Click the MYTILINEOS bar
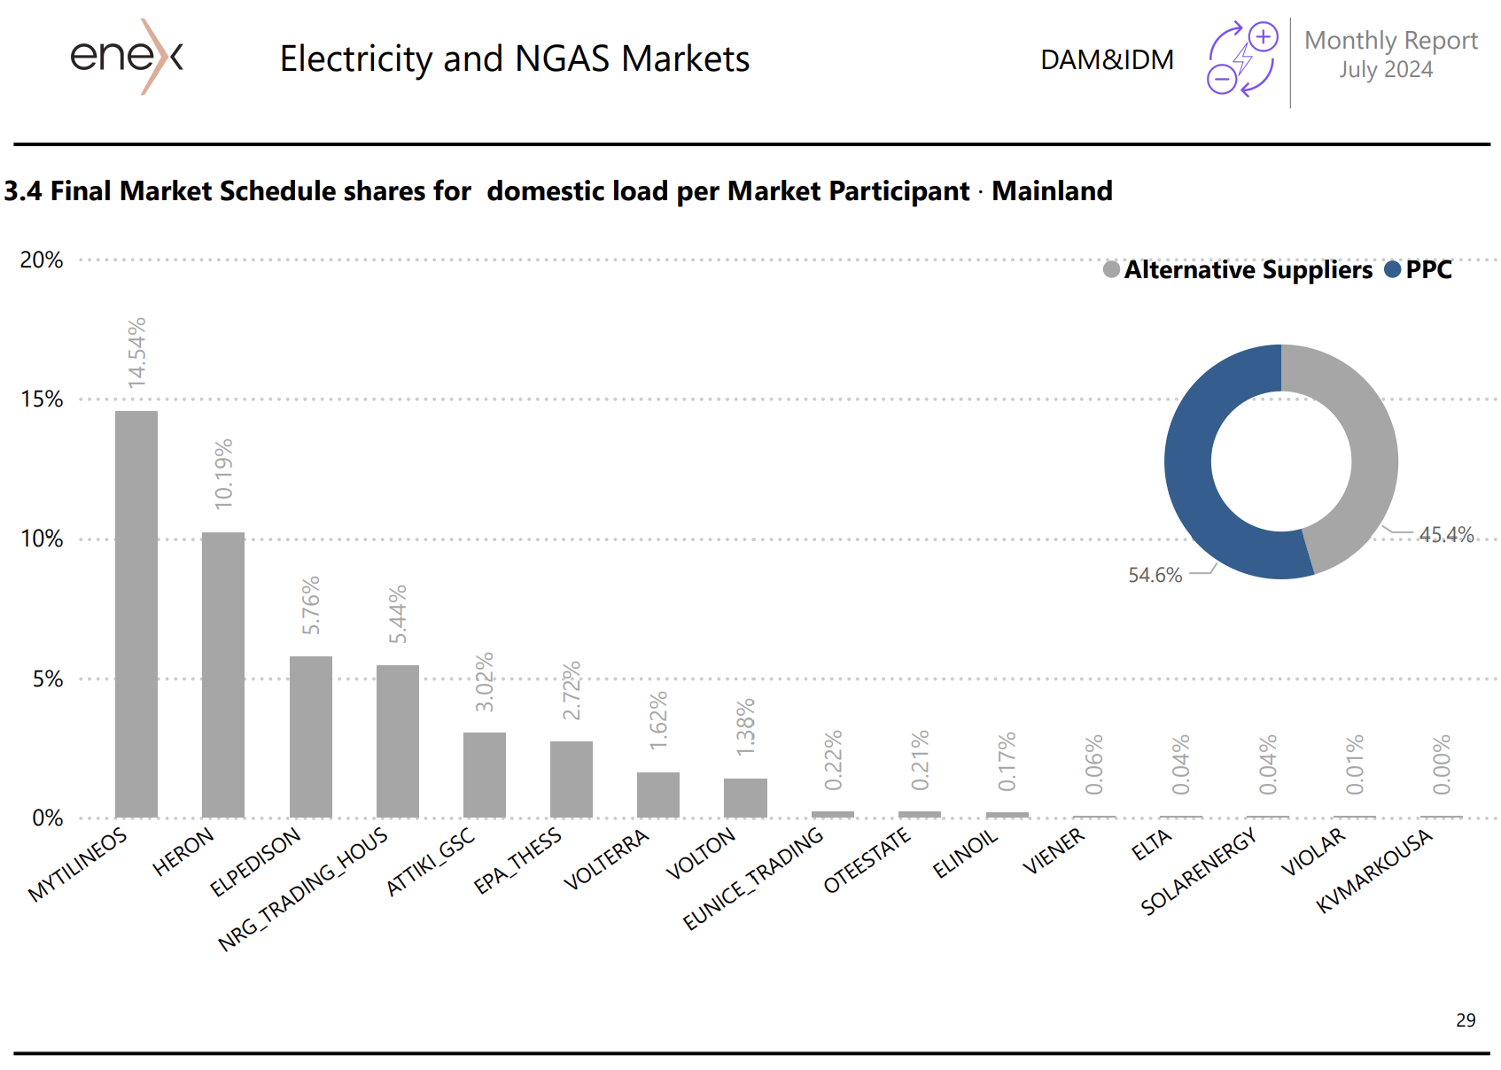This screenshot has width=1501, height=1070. (136, 613)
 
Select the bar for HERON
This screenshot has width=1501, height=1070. (223, 674)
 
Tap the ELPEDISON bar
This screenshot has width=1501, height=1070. (311, 736)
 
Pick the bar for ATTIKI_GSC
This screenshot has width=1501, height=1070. (485, 774)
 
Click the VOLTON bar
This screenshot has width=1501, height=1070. (745, 797)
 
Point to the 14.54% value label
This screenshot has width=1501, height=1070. (136, 353)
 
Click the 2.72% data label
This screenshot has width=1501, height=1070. (572, 690)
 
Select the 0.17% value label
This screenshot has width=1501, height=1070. (1007, 762)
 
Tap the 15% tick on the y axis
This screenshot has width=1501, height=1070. (42, 399)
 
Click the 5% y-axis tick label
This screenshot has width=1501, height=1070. (47, 679)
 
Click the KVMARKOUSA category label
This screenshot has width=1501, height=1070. (1374, 871)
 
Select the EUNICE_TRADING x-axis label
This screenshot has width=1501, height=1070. (754, 878)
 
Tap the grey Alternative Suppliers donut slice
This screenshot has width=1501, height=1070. (1365, 443)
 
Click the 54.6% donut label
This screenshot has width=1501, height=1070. (1155, 576)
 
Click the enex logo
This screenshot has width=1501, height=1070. (127, 57)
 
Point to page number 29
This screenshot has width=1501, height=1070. (1466, 1020)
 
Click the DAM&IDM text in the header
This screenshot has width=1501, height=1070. (1107, 59)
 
